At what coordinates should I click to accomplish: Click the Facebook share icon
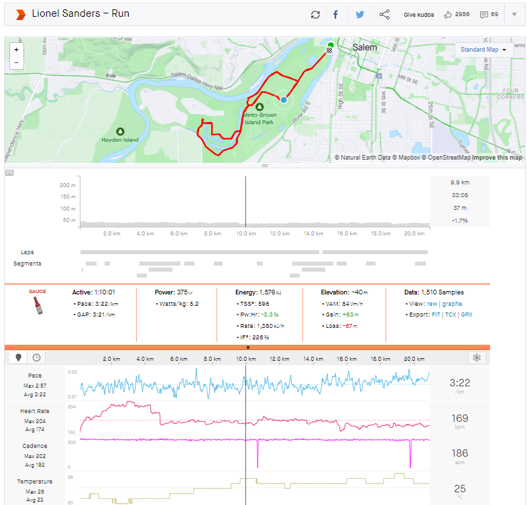(335, 14)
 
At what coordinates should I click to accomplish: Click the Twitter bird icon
(360, 14)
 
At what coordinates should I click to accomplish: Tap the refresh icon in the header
(315, 14)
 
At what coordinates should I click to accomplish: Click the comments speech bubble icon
(483, 14)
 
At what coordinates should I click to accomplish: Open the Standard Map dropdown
(483, 50)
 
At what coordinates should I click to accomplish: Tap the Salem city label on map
(365, 48)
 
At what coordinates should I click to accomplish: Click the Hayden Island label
(120, 139)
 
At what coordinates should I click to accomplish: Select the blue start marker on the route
(284, 99)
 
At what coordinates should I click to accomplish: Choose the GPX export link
(467, 315)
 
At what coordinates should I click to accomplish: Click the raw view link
(432, 304)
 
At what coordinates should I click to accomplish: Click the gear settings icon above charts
(477, 357)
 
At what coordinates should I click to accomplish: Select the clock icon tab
(36, 358)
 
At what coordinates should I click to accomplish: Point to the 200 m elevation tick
(66, 185)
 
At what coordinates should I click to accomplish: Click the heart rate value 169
(460, 418)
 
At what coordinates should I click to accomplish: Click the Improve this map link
(497, 158)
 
